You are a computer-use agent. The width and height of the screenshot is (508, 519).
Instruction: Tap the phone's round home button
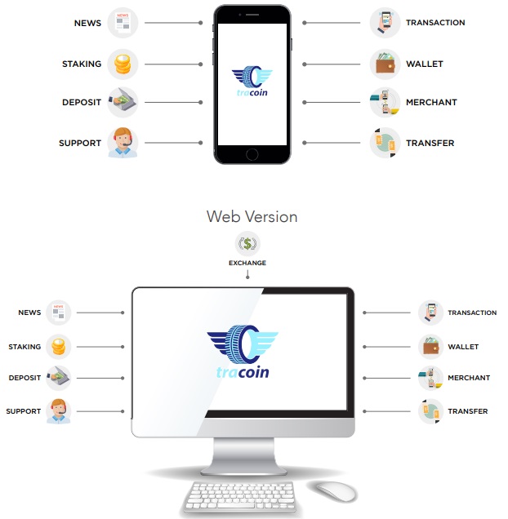(x=252, y=154)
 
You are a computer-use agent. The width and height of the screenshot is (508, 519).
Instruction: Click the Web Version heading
(x=252, y=217)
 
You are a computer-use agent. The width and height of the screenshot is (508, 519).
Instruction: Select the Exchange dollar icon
(x=247, y=244)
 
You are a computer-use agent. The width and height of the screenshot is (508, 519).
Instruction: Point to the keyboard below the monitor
(x=241, y=496)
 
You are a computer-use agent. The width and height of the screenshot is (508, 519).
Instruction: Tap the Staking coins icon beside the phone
(x=123, y=64)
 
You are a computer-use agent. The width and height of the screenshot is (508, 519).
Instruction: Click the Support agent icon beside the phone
(x=123, y=143)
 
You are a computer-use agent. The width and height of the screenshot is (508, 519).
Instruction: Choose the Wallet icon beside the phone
(x=385, y=64)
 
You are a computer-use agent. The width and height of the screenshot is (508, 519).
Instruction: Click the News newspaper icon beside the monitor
(x=58, y=313)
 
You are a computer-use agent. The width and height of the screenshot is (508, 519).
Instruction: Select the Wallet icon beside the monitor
(x=430, y=347)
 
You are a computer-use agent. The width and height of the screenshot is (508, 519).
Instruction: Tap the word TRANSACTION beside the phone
(x=435, y=23)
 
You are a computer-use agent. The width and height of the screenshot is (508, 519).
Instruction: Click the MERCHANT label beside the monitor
(x=469, y=378)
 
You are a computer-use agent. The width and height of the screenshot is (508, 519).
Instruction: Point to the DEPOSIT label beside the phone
(x=82, y=102)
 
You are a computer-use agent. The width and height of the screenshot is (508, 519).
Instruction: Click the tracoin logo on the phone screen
(x=252, y=81)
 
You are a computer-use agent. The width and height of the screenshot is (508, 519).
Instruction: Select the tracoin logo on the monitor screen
(x=243, y=352)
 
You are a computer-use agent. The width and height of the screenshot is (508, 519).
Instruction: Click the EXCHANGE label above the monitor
(x=247, y=263)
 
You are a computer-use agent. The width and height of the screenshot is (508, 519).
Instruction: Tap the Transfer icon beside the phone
(x=385, y=143)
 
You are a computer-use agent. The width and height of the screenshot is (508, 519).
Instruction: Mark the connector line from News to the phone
(x=173, y=23)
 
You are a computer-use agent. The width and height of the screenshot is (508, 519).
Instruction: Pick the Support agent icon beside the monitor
(x=58, y=411)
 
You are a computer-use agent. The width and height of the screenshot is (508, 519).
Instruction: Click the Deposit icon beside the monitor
(x=58, y=378)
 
